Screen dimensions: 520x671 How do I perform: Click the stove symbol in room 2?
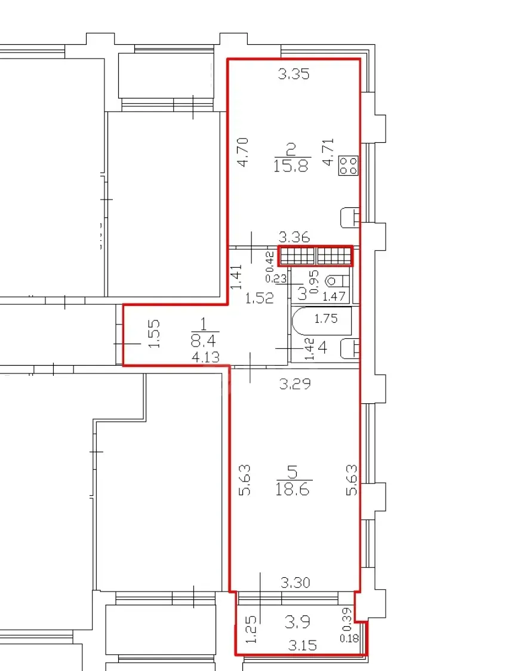click(x=348, y=166)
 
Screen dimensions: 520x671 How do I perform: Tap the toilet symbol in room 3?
click(x=338, y=281)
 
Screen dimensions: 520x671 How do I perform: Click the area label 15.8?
click(x=291, y=165)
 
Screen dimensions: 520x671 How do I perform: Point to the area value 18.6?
click(x=293, y=488)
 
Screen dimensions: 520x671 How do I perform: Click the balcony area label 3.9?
click(x=297, y=622)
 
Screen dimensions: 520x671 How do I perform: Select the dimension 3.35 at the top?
click(x=293, y=74)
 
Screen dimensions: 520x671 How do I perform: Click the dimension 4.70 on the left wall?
click(x=242, y=152)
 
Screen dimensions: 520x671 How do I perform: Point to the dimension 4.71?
click(x=328, y=152)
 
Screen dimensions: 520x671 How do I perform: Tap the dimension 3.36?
click(x=294, y=237)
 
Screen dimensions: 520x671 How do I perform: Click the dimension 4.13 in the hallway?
click(x=205, y=357)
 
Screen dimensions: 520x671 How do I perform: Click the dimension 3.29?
click(x=295, y=384)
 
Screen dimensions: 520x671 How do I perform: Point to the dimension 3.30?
click(x=296, y=583)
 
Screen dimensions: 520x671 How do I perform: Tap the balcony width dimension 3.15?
click(x=302, y=645)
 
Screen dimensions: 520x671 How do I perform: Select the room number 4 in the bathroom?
click(x=323, y=348)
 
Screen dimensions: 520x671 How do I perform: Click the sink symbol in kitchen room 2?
click(x=349, y=218)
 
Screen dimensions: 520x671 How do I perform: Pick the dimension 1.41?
click(x=236, y=277)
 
